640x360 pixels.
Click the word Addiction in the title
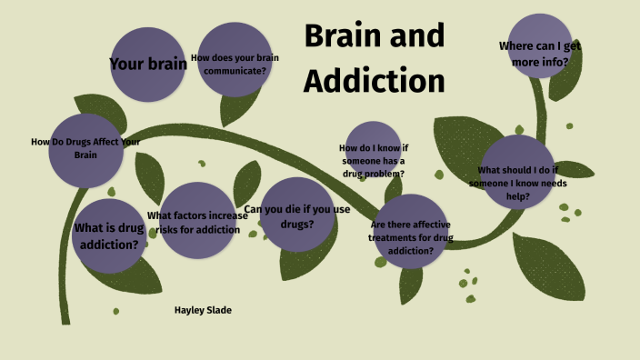[x=374, y=80]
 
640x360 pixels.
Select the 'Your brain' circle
[x=147, y=65]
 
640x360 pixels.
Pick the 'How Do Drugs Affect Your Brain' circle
[x=85, y=149]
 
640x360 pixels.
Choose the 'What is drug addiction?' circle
[x=108, y=235]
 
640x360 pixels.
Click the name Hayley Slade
[x=203, y=311]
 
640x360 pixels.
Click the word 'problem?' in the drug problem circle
[x=382, y=173]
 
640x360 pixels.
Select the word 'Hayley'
[x=188, y=311]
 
